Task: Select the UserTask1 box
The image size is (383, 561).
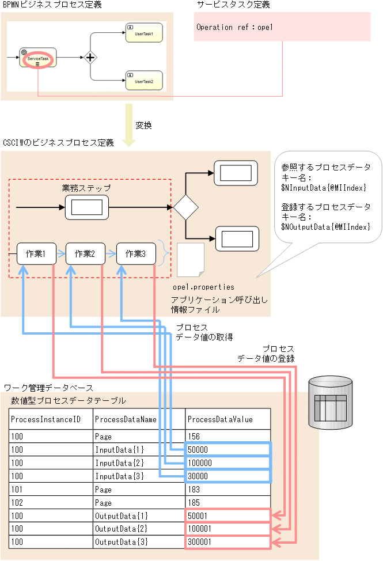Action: [x=143, y=33]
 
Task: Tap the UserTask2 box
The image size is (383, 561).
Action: [x=143, y=81]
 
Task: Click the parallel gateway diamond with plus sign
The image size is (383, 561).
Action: [x=90, y=57]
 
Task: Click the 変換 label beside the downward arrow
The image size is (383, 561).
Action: [x=143, y=124]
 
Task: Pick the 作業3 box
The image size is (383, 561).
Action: [x=135, y=253]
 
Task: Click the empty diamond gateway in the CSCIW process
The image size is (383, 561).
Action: [x=186, y=206]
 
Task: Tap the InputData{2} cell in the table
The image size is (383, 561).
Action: [x=139, y=463]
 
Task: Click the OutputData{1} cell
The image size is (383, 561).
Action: [x=139, y=515]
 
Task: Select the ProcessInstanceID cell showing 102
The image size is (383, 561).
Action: [x=51, y=502]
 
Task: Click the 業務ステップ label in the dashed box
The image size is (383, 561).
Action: [x=86, y=188]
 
